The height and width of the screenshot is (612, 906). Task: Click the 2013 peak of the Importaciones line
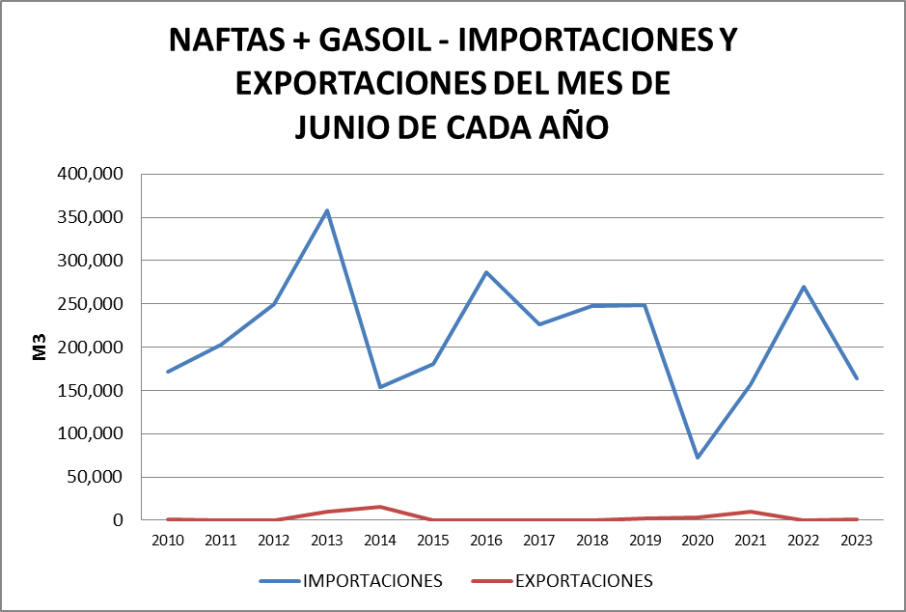(x=327, y=210)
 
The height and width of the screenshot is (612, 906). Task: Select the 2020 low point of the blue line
(x=697, y=458)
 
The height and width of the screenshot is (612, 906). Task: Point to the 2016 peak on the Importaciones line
(x=486, y=272)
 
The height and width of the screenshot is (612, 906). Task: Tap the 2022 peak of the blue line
(x=803, y=287)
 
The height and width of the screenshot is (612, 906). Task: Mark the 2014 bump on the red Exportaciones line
(x=380, y=507)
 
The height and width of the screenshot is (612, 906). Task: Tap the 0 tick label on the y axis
(x=119, y=520)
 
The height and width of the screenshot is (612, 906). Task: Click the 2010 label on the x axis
(x=168, y=541)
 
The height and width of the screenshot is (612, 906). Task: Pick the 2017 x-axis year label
(x=538, y=541)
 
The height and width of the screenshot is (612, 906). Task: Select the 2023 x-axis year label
(x=856, y=541)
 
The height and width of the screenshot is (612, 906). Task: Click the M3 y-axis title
(x=41, y=348)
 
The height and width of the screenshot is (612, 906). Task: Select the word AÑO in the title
(x=572, y=126)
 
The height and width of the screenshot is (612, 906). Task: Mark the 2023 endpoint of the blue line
(x=856, y=378)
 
